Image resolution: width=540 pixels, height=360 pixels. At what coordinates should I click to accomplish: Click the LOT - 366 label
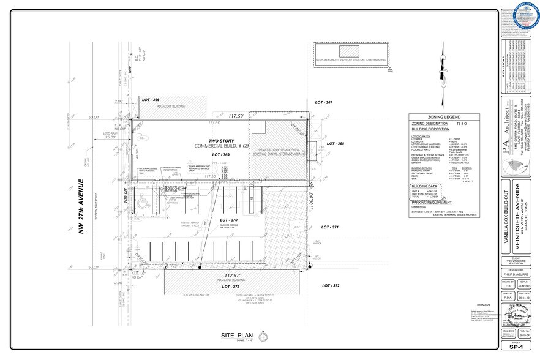point(151,100)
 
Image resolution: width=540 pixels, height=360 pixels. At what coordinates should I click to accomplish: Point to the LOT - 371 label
point(326,227)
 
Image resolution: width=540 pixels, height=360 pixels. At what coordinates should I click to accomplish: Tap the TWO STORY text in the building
point(221,141)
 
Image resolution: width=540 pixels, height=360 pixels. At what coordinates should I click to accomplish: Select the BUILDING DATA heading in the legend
point(424,186)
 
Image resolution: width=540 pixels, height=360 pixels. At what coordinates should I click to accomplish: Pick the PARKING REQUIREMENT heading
point(431,202)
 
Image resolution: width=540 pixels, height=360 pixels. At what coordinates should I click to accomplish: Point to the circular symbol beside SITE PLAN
point(264,336)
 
